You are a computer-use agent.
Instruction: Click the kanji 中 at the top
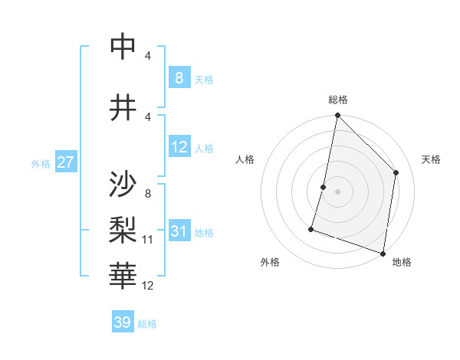(x=123, y=47)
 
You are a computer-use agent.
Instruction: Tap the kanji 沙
(x=123, y=184)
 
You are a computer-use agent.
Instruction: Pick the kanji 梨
(x=123, y=228)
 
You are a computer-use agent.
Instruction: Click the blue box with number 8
(x=179, y=77)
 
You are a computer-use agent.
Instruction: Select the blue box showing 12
(x=179, y=147)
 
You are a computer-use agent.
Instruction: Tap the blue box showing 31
(x=179, y=231)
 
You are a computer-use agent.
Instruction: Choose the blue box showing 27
(x=65, y=162)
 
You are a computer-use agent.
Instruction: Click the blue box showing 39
(x=122, y=322)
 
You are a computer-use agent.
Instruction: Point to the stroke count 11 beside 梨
(x=148, y=240)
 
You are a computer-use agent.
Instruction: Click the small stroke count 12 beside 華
(x=148, y=286)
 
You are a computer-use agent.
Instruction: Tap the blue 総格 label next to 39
(x=147, y=324)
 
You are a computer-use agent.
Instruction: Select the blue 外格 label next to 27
(x=41, y=163)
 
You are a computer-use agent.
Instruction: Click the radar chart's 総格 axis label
(x=338, y=100)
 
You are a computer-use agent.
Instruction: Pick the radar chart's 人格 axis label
(x=245, y=159)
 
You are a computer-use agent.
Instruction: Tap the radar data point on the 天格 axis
(x=396, y=172)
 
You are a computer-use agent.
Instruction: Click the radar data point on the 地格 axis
(x=383, y=253)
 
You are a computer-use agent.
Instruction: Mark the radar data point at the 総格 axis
(x=337, y=116)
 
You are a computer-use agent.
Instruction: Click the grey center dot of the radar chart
(x=337, y=191)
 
